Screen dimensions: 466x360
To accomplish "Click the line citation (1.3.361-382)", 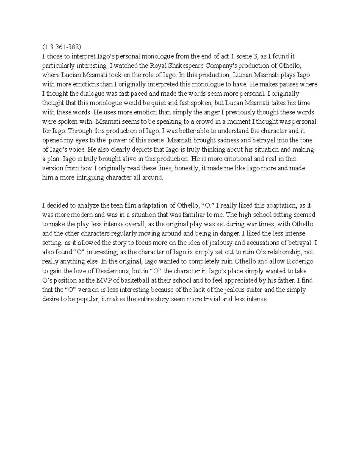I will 62,47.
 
